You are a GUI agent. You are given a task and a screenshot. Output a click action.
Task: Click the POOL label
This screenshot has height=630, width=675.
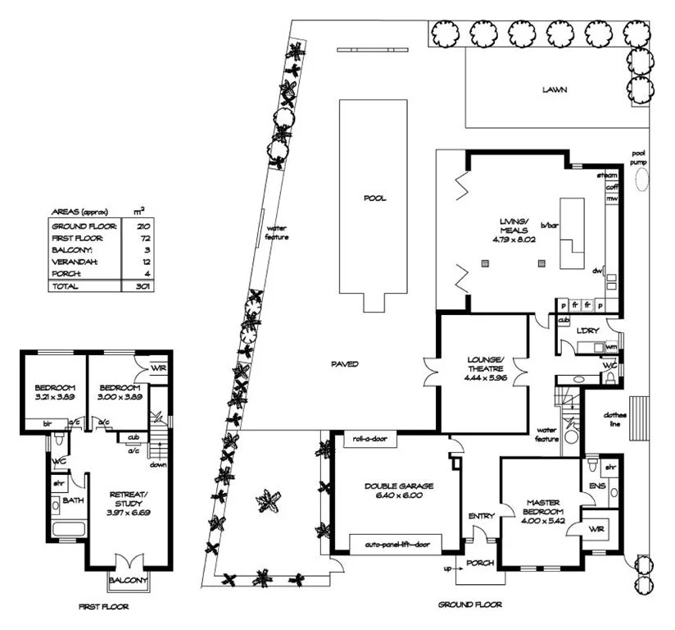[x=374, y=199]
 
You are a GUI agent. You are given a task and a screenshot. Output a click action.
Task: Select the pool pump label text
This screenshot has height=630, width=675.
[x=639, y=158]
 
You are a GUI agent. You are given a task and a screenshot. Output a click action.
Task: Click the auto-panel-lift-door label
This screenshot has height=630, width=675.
[x=395, y=543]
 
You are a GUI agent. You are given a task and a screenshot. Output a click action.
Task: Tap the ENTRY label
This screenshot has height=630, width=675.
[x=480, y=516]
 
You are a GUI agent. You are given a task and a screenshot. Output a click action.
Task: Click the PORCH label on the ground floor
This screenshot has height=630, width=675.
[x=480, y=564]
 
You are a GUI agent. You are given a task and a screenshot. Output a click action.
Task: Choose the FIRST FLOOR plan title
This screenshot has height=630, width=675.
[x=103, y=608]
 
